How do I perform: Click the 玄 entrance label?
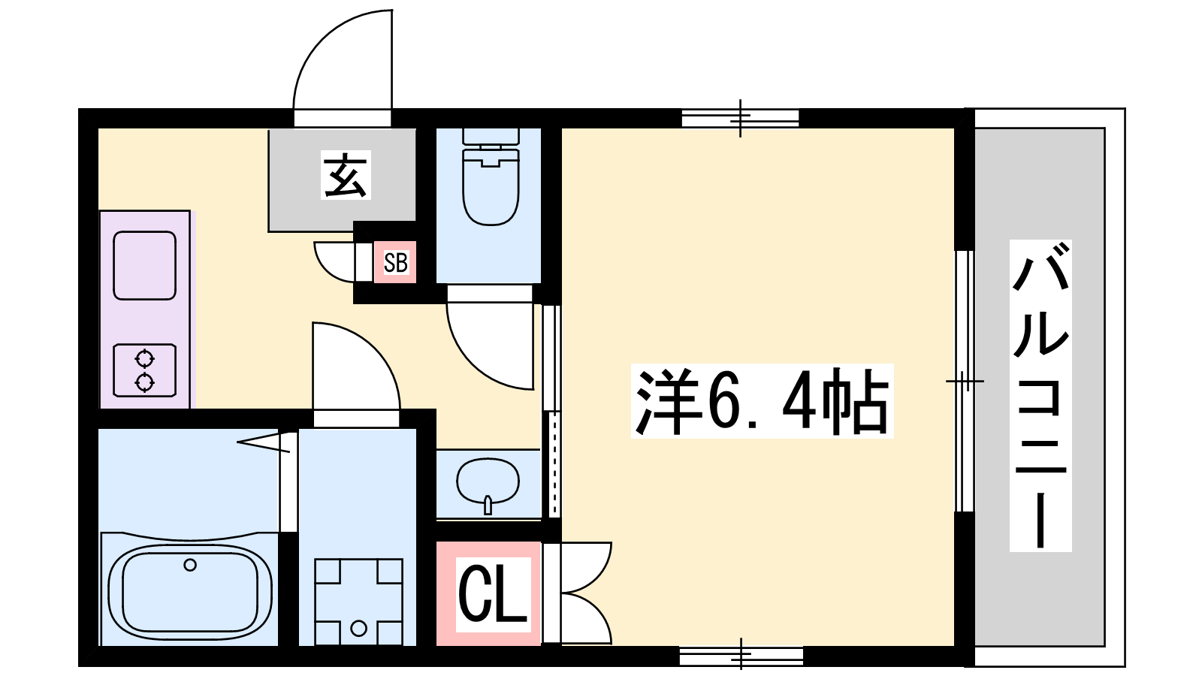(346, 175)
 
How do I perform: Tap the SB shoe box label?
(396, 263)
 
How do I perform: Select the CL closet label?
(493, 594)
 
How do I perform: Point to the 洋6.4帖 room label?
(762, 400)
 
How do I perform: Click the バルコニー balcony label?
(1040, 395)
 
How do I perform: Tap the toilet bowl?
(491, 177)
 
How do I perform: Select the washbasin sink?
(488, 484)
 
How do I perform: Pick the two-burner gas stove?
(145, 370)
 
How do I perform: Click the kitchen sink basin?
(145, 265)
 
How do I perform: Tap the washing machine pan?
(358, 602)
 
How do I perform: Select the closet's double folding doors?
(579, 593)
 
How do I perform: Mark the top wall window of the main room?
(740, 117)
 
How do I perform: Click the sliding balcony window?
(965, 381)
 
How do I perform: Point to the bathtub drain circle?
(190, 564)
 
